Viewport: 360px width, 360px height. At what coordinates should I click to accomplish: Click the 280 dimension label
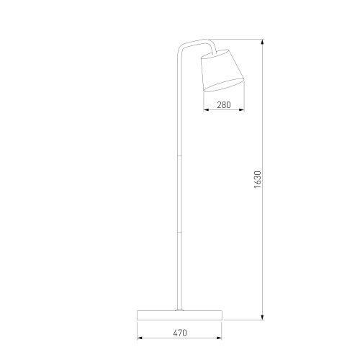pos(224,105)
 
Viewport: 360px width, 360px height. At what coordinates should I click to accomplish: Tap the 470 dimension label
pos(180,333)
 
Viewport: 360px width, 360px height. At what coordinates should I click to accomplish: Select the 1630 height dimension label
pos(257,179)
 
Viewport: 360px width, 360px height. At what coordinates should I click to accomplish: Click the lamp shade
pos(222,71)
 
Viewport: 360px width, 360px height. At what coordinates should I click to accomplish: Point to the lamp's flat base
pos(179,315)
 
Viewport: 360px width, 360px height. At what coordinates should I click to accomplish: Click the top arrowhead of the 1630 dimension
pos(262,42)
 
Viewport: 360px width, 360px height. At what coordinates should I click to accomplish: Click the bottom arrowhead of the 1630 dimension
pos(262,317)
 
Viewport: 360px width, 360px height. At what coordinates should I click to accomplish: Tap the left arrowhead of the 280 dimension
pos(206,110)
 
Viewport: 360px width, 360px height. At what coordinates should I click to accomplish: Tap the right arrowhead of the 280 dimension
pos(241,110)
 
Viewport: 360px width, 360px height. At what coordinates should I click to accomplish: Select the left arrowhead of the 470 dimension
pos(140,338)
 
